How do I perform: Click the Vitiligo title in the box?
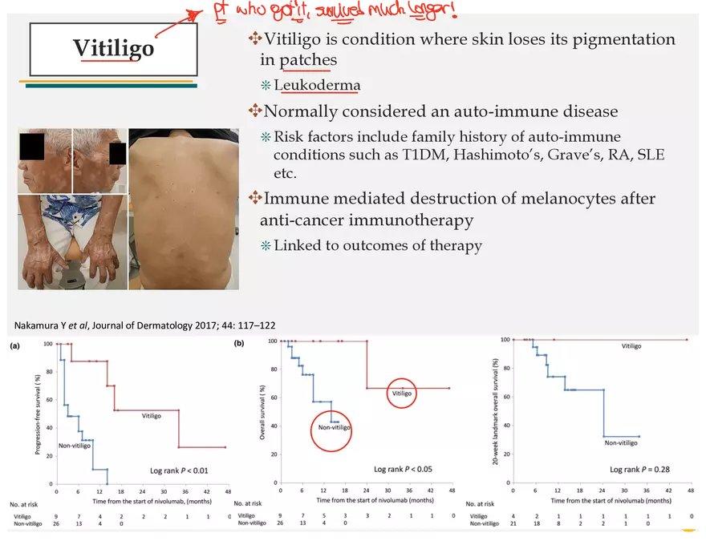(x=113, y=48)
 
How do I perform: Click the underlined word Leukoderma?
(x=317, y=86)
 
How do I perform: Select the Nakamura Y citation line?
(x=145, y=325)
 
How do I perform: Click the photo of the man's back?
(x=182, y=208)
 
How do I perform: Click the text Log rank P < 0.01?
(x=179, y=470)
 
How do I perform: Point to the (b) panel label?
(x=239, y=345)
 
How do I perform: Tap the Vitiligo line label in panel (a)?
(x=152, y=416)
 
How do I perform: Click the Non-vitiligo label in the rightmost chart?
(x=622, y=442)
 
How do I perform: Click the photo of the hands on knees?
(x=71, y=241)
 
